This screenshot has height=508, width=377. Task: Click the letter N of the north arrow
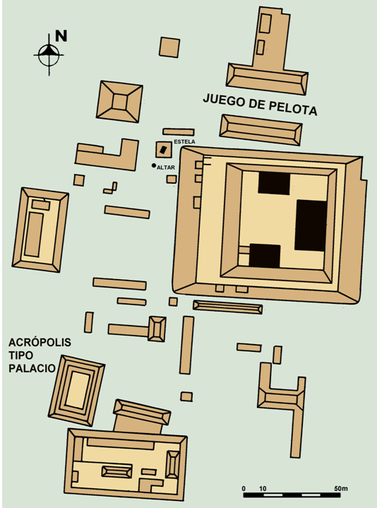click(x=61, y=35)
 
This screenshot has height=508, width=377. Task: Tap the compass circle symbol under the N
click(x=49, y=54)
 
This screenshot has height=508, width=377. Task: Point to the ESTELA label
click(x=184, y=142)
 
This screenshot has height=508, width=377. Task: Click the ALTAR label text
click(x=166, y=167)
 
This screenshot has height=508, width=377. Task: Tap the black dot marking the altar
click(x=154, y=165)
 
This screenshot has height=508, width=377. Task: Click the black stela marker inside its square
click(x=163, y=149)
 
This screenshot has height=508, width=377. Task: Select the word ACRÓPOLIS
click(x=40, y=343)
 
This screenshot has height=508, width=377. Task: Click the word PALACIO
click(x=32, y=368)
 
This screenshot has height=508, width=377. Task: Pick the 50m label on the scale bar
click(x=341, y=488)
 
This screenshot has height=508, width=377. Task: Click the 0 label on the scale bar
click(x=244, y=488)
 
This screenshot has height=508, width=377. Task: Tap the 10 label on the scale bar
click(x=263, y=488)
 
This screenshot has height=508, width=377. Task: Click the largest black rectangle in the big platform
click(x=311, y=225)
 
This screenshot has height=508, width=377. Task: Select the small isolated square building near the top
click(x=169, y=47)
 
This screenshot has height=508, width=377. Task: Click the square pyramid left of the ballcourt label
click(x=120, y=102)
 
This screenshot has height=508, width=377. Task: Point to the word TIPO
click(x=20, y=355)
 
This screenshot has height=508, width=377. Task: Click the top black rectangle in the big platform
click(x=274, y=184)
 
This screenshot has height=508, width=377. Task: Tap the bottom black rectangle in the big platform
click(x=264, y=256)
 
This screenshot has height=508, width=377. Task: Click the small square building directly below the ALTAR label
click(x=172, y=179)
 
